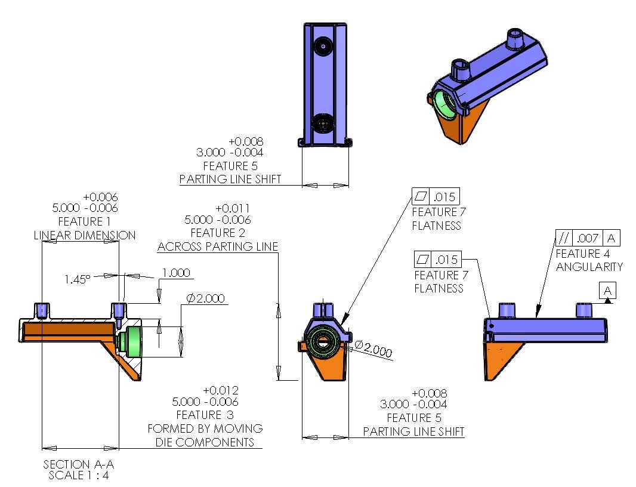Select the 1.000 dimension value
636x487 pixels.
pyautogui.click(x=176, y=273)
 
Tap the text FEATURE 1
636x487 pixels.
pyautogui.click(x=84, y=221)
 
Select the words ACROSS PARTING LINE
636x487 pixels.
pyautogui.click(x=218, y=246)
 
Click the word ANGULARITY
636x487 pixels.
pyautogui.click(x=589, y=267)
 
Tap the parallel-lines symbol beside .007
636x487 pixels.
pyautogui.click(x=563, y=238)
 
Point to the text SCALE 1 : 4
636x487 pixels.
pyautogui.click(x=78, y=476)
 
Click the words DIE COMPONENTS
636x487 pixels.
pyautogui.click(x=204, y=442)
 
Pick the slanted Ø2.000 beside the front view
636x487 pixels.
pyautogui.click(x=373, y=349)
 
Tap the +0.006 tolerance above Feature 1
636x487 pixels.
pyautogui.click(x=100, y=197)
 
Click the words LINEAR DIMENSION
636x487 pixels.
pyautogui.click(x=84, y=235)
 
